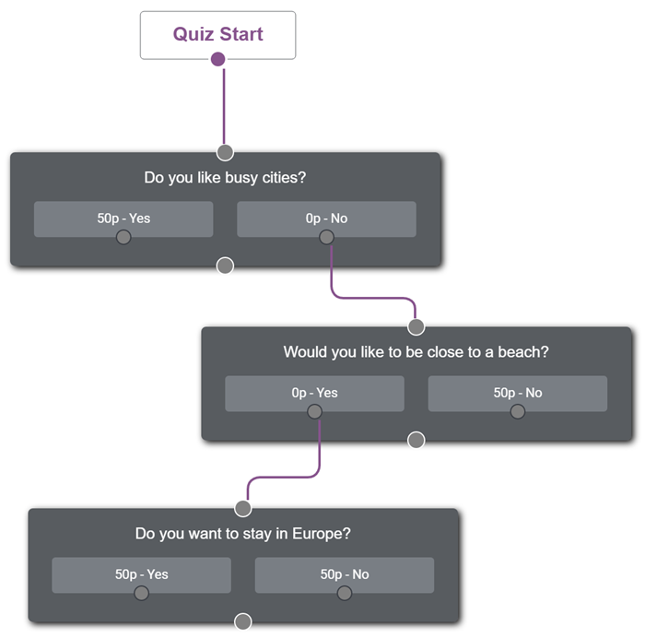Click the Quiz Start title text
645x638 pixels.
[217, 34]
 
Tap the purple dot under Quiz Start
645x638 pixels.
[217, 59]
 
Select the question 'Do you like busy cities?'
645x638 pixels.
[225, 177]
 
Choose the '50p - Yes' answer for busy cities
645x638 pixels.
[123, 219]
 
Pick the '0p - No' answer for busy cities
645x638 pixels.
[326, 219]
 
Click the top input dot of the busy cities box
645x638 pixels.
[225, 152]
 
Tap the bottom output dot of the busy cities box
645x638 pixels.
[225, 266]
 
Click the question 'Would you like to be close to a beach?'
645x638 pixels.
[416, 352]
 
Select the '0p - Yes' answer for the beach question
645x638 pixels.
[314, 393]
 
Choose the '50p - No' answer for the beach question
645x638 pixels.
[518, 393]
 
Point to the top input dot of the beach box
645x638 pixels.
[416, 326]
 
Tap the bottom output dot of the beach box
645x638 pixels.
[416, 440]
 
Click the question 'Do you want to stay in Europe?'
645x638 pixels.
[242, 534]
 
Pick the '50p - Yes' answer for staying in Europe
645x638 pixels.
[141, 574]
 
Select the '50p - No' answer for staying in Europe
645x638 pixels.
[345, 574]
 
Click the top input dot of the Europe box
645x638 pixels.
[242, 508]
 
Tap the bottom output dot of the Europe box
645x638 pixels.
[242, 622]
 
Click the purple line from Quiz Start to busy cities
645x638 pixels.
[224, 106]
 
